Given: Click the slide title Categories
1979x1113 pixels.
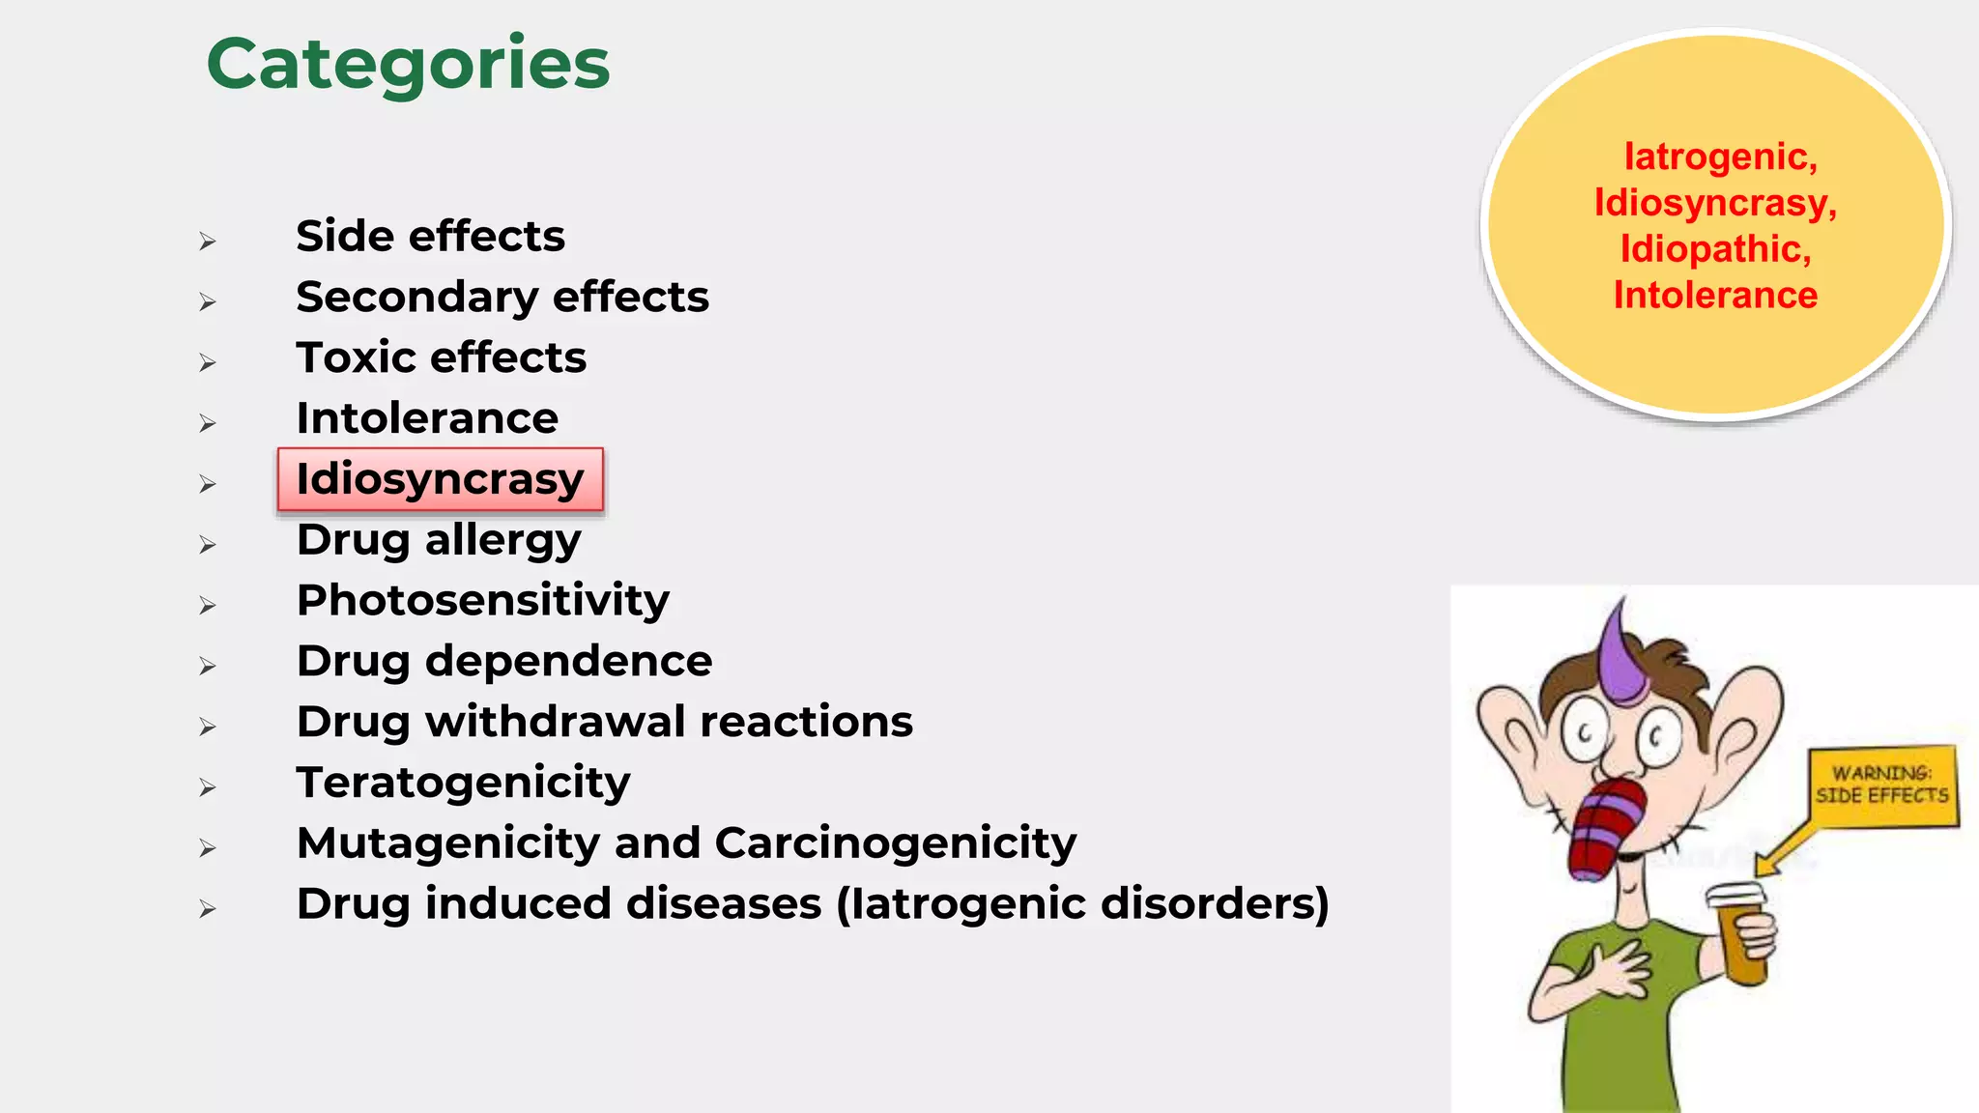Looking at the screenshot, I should [408, 64].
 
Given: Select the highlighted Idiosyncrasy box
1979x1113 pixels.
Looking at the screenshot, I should [440, 479].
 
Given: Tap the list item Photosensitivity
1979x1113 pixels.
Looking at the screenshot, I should [482, 601].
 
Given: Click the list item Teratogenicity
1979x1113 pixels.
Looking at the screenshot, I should [463, 783].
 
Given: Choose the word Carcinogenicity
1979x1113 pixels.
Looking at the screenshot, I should [895, 843].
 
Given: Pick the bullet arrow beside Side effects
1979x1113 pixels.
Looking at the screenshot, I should [207, 242].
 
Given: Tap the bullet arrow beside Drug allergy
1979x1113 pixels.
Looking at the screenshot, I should [207, 545].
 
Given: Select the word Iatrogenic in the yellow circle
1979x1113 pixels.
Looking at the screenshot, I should [1720, 157].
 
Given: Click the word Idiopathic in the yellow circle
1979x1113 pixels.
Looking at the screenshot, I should [1715, 249].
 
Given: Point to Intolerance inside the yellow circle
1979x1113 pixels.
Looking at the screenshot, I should [1715, 296].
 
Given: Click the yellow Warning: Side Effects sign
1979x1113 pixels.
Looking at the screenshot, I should [1881, 785].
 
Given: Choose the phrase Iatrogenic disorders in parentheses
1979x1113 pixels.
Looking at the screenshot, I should [1082, 904].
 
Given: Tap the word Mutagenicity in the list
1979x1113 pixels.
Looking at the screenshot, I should [448, 843].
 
